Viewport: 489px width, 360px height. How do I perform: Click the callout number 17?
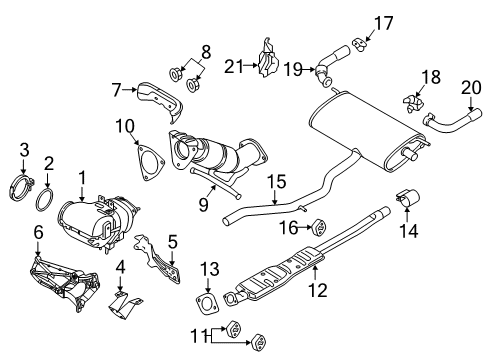pos(384,20)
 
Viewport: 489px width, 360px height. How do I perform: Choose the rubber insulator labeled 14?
pos(409,196)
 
